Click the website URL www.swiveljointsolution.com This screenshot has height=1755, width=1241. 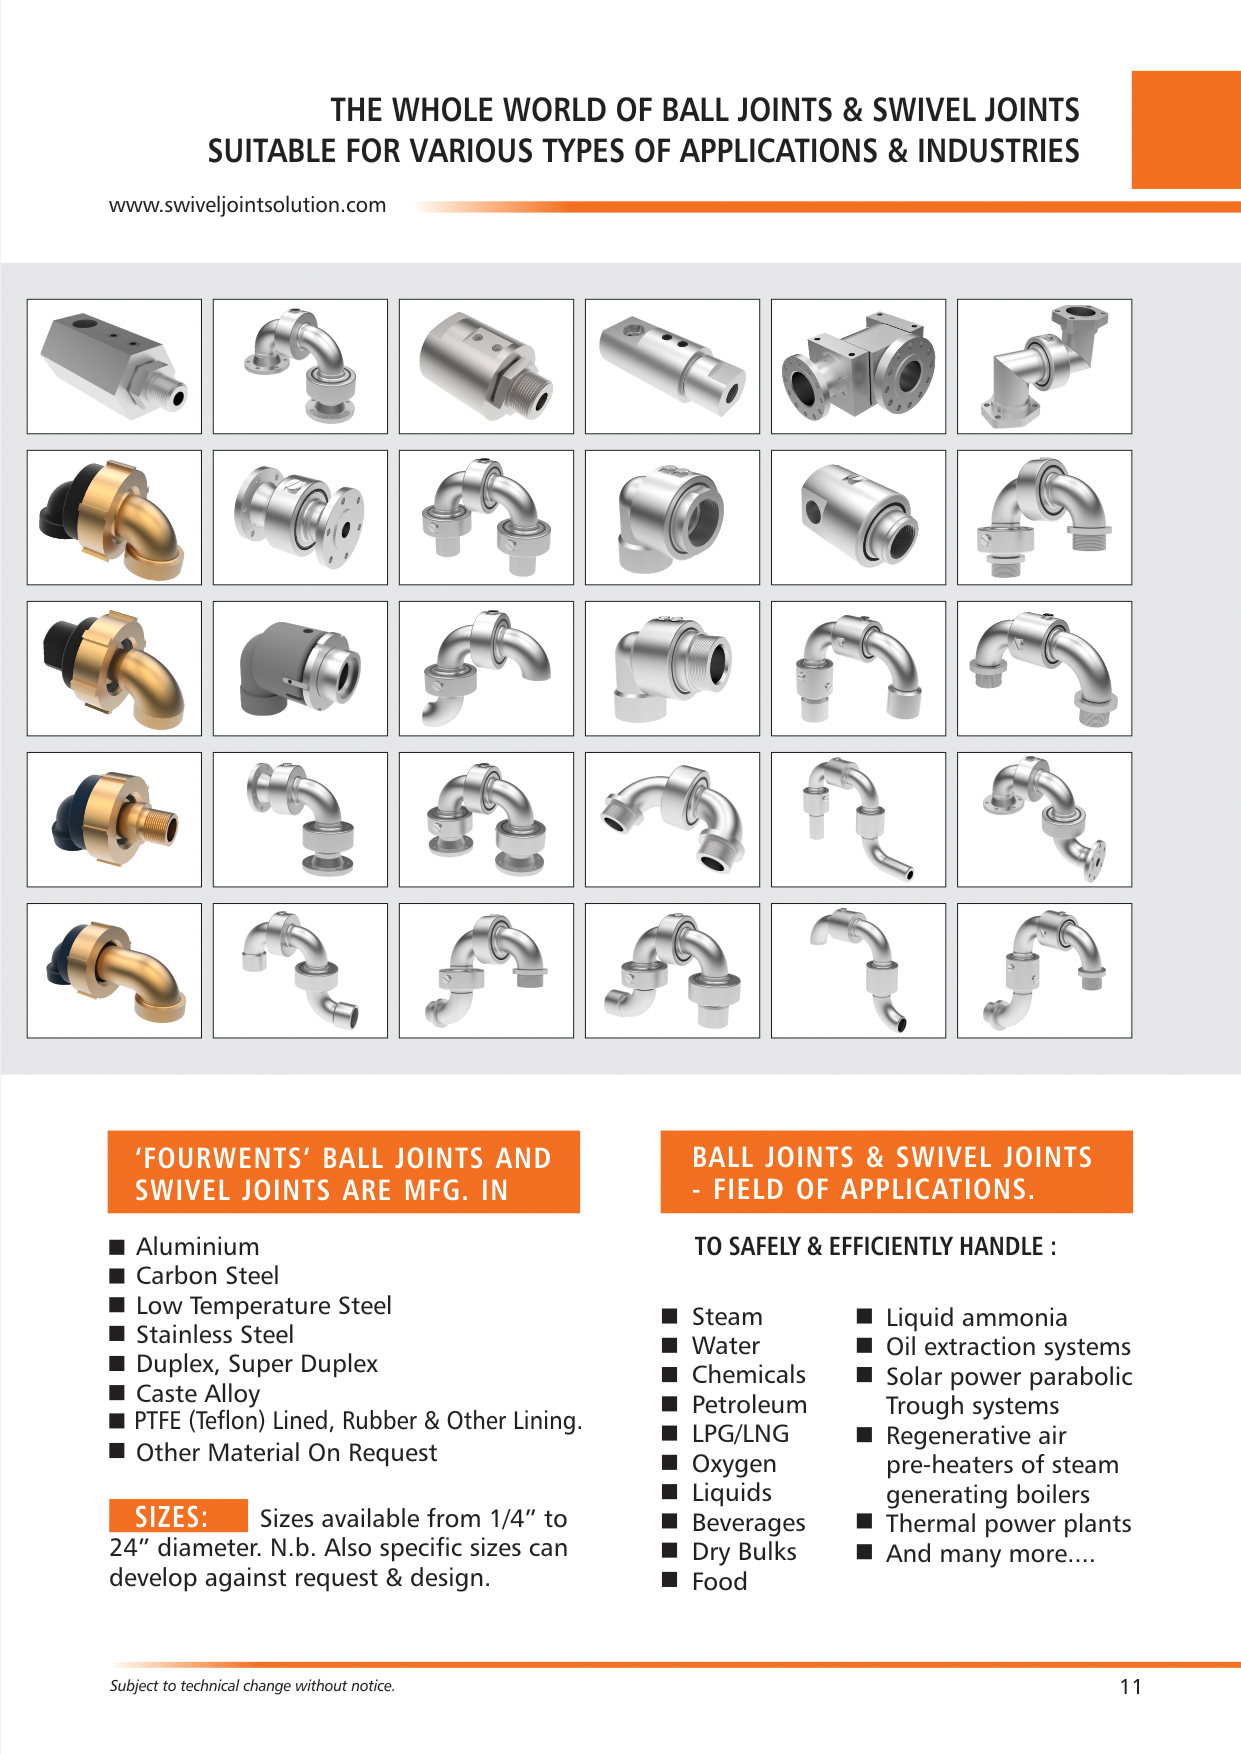(x=247, y=205)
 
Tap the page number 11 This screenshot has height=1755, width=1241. (x=1130, y=1687)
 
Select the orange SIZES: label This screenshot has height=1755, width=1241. (x=177, y=1516)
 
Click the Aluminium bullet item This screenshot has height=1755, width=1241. (x=197, y=1247)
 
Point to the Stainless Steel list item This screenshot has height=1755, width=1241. (x=214, y=1335)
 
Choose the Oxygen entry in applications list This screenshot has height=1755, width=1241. (x=733, y=1464)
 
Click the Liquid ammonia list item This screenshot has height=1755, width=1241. (x=976, y=1318)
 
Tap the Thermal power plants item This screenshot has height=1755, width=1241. (x=1008, y=1524)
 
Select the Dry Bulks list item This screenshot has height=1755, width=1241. (x=743, y=1552)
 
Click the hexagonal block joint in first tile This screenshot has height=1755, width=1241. (x=113, y=367)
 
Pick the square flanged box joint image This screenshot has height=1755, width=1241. (x=858, y=367)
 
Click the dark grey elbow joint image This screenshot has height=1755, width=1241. (x=299, y=668)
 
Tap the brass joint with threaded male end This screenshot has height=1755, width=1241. (x=113, y=820)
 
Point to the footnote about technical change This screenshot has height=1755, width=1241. (x=252, y=1686)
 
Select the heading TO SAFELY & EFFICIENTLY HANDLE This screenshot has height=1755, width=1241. (x=875, y=1247)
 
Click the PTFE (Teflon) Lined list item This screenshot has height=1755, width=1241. (x=358, y=1421)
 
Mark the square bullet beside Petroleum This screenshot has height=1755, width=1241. (x=670, y=1404)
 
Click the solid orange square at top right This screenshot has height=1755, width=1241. (x=1185, y=129)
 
